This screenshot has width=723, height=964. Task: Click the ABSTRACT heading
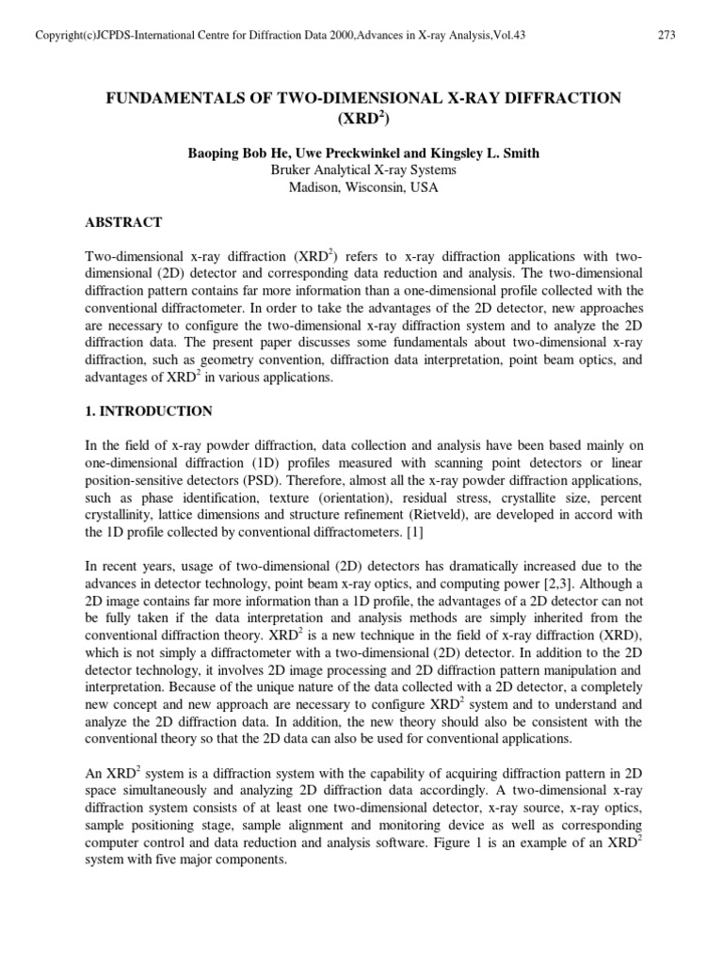pos(123,222)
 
